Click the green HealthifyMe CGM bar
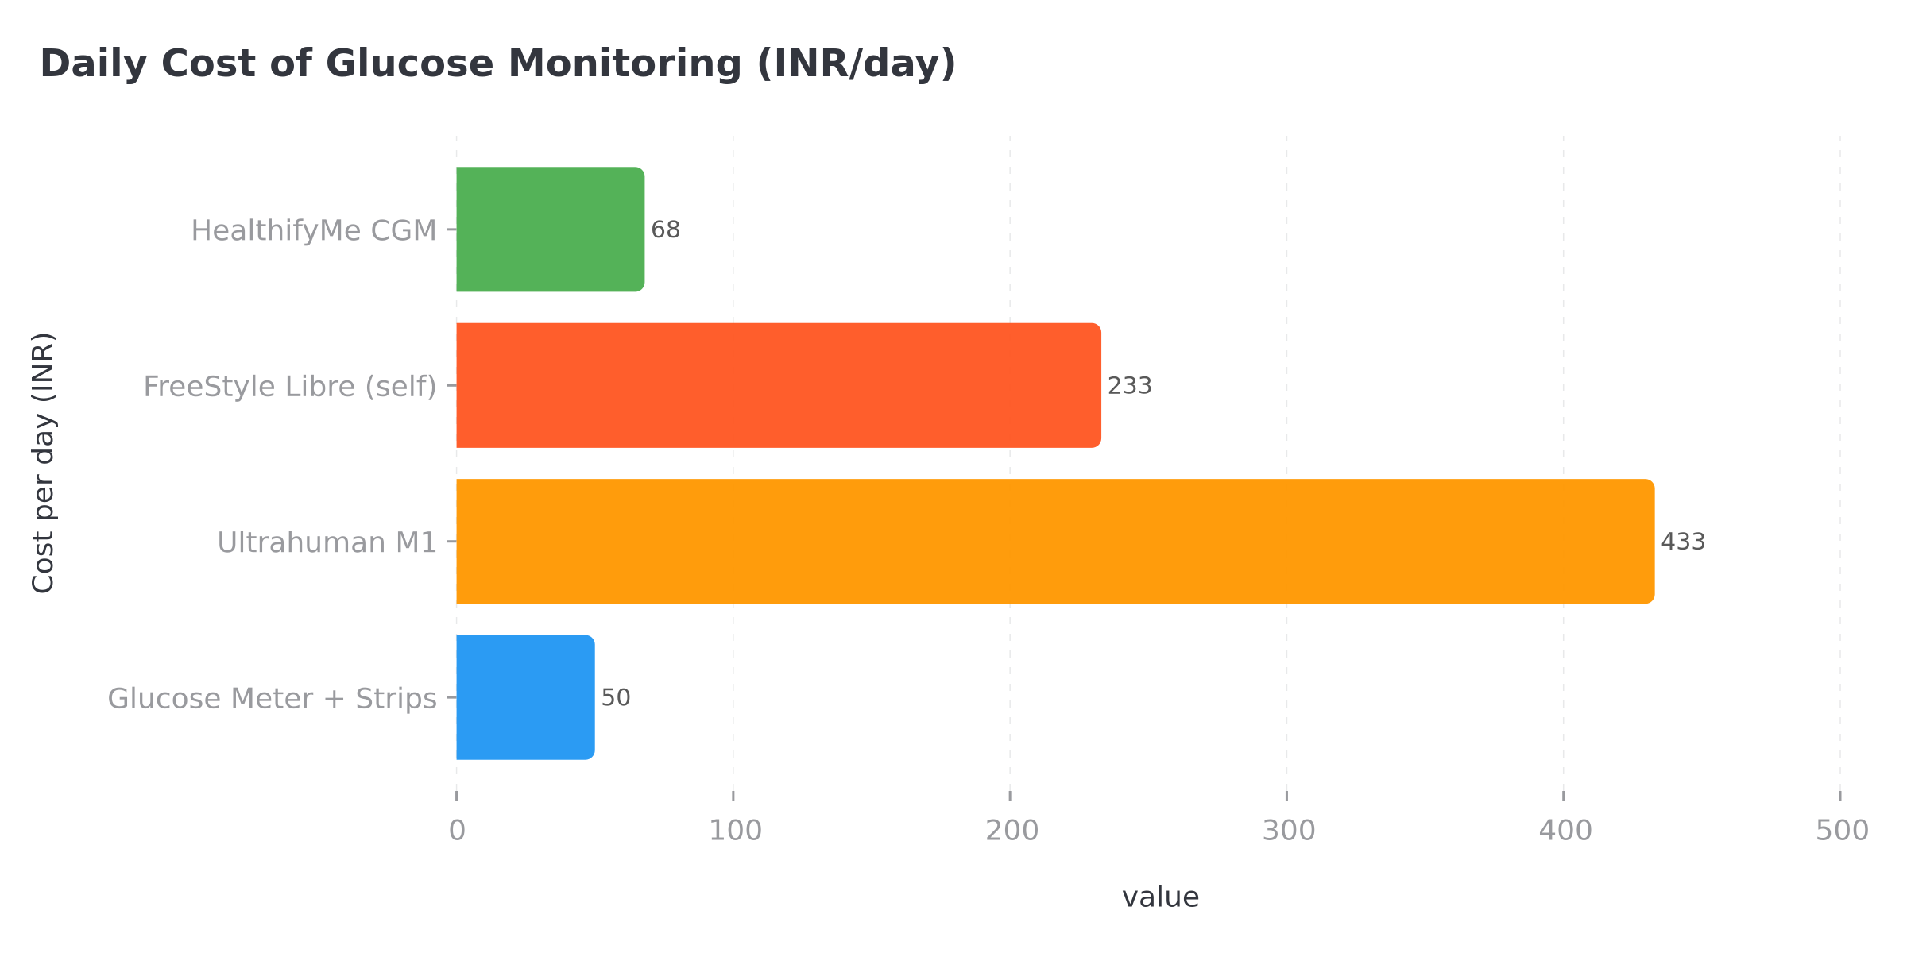pos(550,230)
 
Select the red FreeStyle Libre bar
pos(778,385)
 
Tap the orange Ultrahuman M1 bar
pos(1054,542)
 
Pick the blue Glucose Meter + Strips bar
pos(525,697)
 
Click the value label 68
pos(665,230)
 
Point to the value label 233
pos(1129,386)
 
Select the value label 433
pos(1683,542)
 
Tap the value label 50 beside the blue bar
pos(615,698)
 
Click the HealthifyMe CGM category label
pos(314,231)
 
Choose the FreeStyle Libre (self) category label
pos(290,387)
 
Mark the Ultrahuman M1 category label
pos(327,543)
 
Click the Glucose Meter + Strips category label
pos(272,699)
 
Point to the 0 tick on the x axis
pos(457,831)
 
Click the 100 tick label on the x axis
pos(735,831)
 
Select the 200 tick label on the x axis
pos(1012,831)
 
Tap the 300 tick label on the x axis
pos(1289,831)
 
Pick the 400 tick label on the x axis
pos(1565,831)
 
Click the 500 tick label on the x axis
pos(1842,831)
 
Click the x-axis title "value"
pos(1160,897)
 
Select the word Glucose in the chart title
pos(409,64)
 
